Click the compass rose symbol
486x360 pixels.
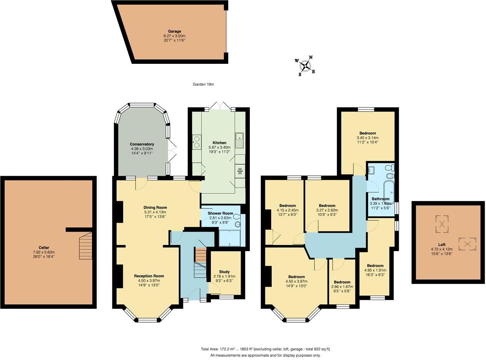(305, 66)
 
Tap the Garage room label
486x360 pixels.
(174, 32)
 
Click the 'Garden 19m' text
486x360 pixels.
(203, 84)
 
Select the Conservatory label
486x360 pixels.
(141, 144)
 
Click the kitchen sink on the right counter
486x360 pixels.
(240, 140)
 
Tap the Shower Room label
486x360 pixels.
(220, 213)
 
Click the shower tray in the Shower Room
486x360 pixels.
(230, 238)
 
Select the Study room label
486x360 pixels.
(224, 272)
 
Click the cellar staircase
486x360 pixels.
(86, 248)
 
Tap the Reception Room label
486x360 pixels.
(149, 276)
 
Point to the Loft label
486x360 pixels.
(442, 245)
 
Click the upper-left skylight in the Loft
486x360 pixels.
(442, 224)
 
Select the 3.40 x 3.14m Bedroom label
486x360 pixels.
(368, 133)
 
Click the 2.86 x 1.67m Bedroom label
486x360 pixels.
(342, 282)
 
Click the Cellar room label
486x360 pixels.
(44, 248)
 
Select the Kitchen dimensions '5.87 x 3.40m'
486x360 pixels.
(220, 147)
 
